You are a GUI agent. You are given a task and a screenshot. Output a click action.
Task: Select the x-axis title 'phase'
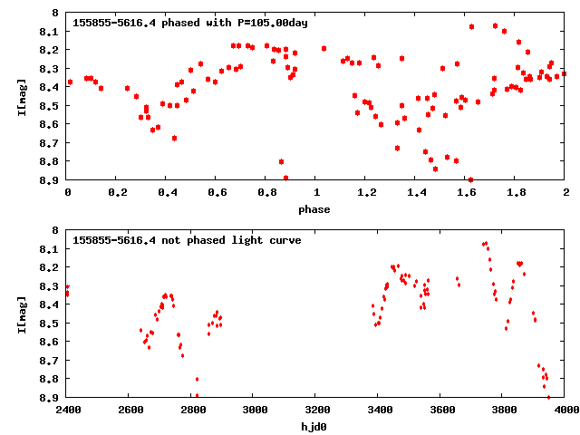tap(315, 209)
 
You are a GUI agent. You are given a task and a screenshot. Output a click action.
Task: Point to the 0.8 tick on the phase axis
tap(266, 192)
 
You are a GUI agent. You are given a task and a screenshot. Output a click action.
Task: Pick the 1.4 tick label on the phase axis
tap(416, 192)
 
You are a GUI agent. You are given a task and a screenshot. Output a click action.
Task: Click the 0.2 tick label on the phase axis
tap(117, 192)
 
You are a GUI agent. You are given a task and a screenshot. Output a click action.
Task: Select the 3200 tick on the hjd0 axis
tap(316, 410)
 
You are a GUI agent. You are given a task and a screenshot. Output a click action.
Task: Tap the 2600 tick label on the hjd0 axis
tap(130, 410)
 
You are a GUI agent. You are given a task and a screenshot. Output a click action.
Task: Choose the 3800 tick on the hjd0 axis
tap(503, 410)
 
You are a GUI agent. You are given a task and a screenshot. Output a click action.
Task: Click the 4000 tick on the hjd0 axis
tap(565, 410)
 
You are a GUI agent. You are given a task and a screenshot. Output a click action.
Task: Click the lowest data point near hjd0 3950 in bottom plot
tap(548, 397)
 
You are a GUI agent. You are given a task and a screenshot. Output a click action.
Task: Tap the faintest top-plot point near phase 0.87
tap(285, 178)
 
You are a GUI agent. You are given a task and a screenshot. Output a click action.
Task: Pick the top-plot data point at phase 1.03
tap(324, 48)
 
